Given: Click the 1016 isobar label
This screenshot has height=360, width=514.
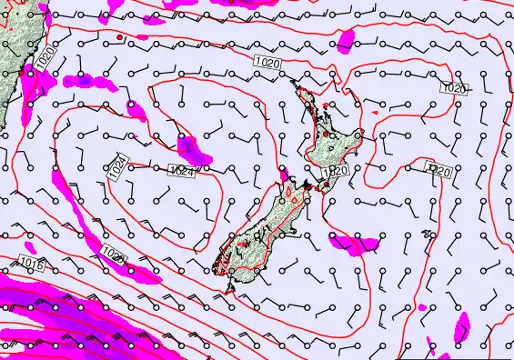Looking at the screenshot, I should coord(30,263).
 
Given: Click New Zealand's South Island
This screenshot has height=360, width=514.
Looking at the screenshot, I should coord(264,227).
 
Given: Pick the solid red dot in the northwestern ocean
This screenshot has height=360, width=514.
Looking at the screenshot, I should coord(119,37).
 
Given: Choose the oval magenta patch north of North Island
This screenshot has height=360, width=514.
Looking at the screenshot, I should coord(346,41).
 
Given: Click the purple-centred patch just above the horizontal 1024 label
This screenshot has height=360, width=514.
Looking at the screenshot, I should coord(190,148).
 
